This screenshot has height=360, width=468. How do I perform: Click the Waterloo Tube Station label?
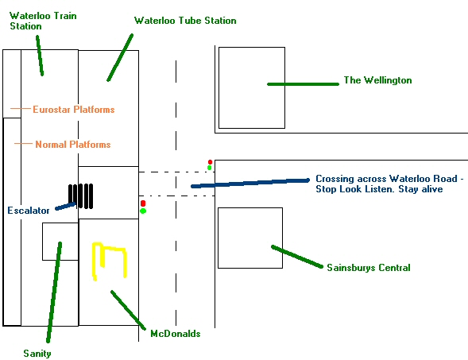point(185,21)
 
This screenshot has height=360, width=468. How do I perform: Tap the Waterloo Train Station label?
point(43,21)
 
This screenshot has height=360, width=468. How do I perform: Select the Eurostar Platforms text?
point(74,110)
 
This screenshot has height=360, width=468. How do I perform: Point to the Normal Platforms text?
point(73,145)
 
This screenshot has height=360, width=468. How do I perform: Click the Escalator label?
point(29,211)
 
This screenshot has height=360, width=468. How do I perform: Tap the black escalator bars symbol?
point(80,196)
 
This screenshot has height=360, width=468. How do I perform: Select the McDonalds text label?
point(175,334)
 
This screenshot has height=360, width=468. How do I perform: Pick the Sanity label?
point(37,354)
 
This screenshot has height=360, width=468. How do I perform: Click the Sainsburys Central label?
point(369,268)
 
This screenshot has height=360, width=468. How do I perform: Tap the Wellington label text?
point(378,80)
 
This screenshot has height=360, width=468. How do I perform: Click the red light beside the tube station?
point(143,203)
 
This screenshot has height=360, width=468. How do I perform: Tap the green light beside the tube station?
point(143,211)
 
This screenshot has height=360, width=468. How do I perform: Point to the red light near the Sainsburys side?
point(210,162)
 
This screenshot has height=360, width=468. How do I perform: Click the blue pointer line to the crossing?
point(250,184)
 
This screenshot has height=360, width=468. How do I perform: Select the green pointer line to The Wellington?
point(303,84)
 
